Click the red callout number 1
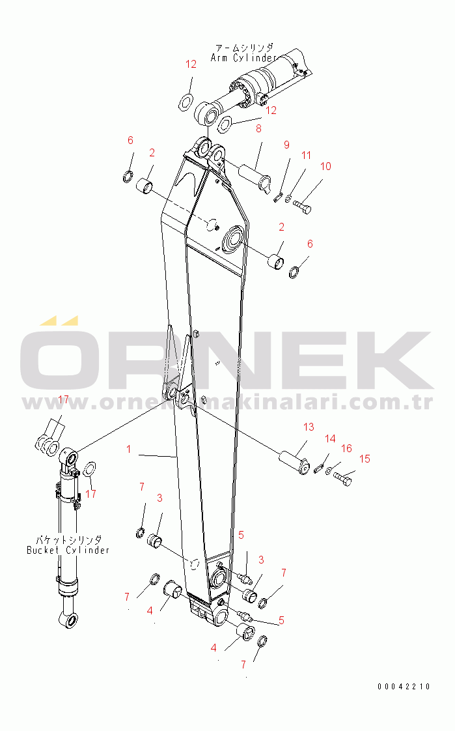(128, 450)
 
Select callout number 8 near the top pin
(258, 128)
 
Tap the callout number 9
(286, 145)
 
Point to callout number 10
(325, 166)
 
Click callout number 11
(306, 155)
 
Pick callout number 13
(309, 427)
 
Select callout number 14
(330, 438)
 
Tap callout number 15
(365, 459)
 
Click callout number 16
(346, 448)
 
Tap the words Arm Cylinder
(243, 58)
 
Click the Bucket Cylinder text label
(68, 550)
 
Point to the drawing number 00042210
(404, 686)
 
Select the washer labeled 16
(329, 471)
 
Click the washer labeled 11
(288, 199)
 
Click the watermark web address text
(228, 402)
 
